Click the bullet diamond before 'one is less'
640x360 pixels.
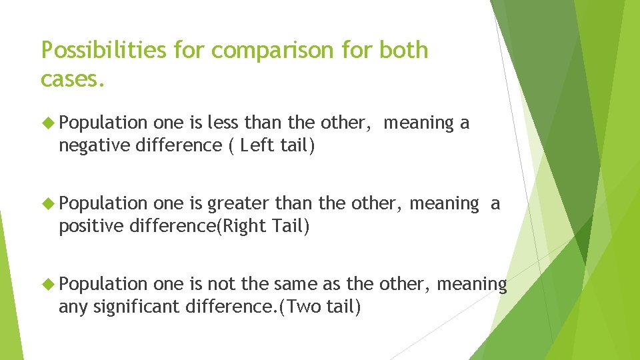(x=49, y=123)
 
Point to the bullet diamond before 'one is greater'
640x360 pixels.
(x=49, y=203)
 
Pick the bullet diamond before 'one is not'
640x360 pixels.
(x=49, y=284)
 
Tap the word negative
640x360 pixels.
(x=94, y=145)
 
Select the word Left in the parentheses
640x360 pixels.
(x=259, y=145)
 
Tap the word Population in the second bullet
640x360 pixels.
(x=103, y=203)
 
